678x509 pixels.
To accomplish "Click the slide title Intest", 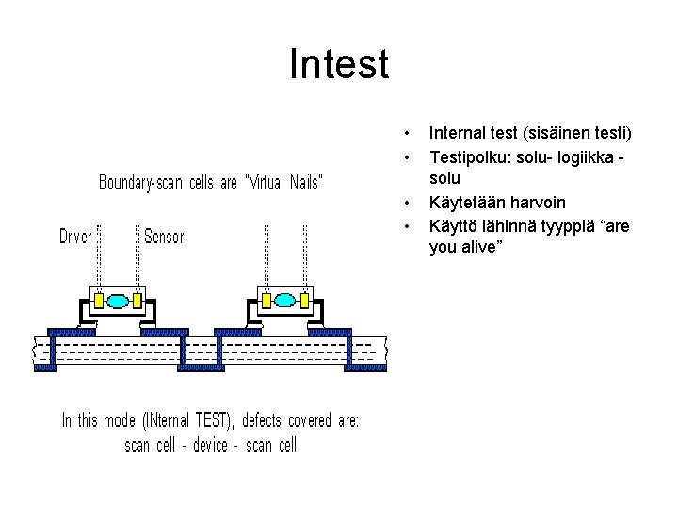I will point(339,65).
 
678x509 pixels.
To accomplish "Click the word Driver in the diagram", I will point(75,237).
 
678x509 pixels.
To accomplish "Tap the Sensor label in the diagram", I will point(165,237).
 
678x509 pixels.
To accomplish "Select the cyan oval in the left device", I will point(118,301).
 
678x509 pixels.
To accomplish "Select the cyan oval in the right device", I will point(285,301).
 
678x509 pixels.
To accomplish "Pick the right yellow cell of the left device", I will point(137,301).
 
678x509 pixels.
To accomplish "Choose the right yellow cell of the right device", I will point(305,301).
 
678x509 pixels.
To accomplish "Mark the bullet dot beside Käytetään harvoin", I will point(406,202).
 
